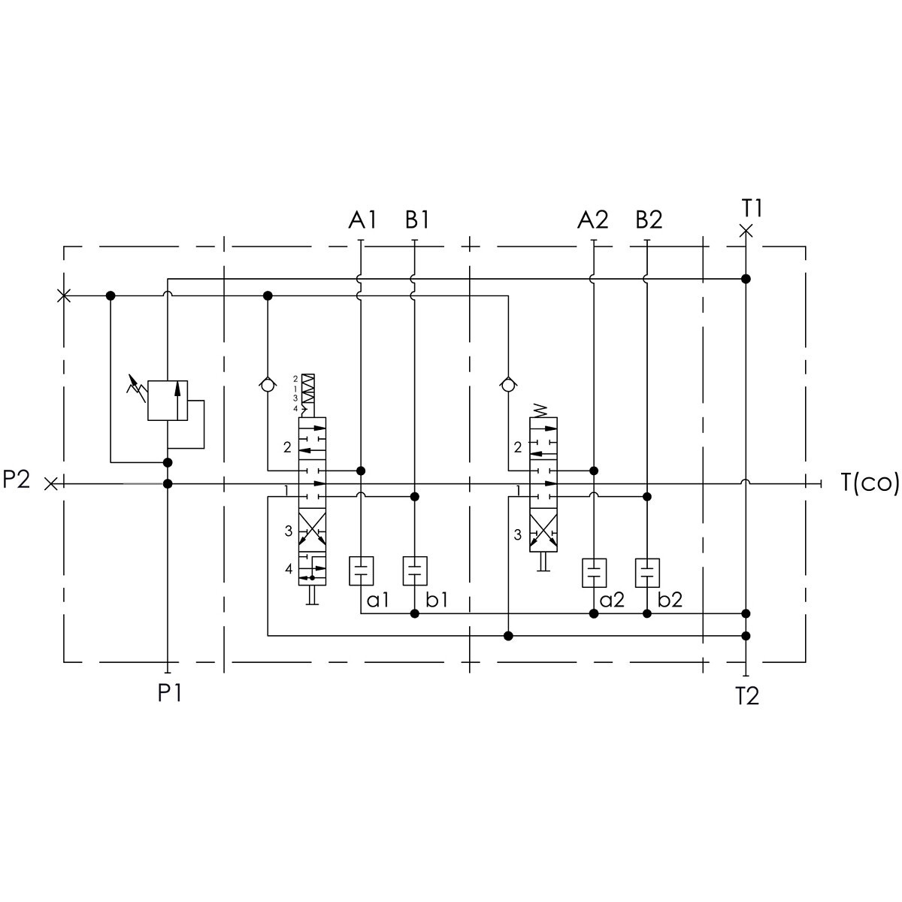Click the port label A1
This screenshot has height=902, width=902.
click(362, 219)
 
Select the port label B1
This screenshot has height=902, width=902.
click(417, 219)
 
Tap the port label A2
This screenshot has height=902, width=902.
click(592, 219)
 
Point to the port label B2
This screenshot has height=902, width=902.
click(649, 219)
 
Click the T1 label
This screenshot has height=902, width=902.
click(752, 208)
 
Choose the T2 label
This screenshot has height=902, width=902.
click(747, 696)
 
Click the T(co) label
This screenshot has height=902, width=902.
click(870, 482)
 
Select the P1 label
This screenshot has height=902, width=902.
click(169, 693)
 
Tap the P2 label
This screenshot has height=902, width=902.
click(17, 480)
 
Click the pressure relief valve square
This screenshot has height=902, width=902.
click(168, 400)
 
